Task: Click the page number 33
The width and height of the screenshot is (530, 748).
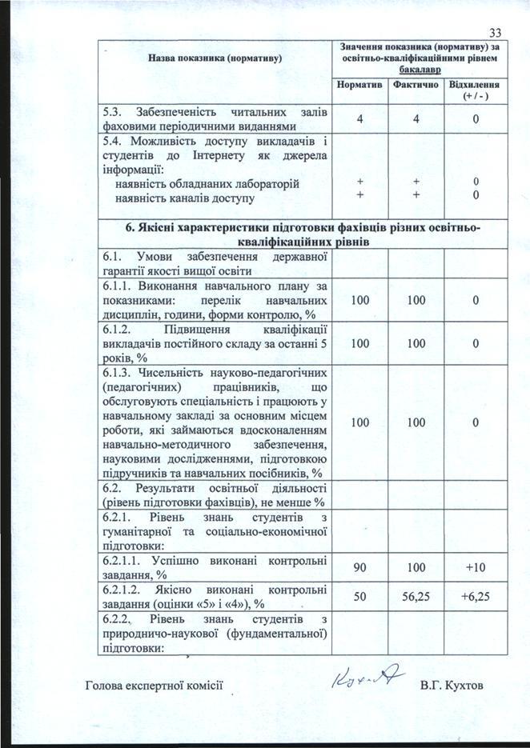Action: click(x=493, y=32)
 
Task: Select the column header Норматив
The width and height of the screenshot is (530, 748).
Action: click(x=359, y=84)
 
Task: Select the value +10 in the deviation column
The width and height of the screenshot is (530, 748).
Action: click(x=476, y=567)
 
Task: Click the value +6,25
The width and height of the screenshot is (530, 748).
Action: click(x=476, y=596)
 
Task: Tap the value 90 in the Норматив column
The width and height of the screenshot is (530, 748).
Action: click(x=359, y=567)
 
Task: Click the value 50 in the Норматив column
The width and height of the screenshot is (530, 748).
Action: click(x=359, y=596)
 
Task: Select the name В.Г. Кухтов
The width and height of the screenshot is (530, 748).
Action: click(x=452, y=686)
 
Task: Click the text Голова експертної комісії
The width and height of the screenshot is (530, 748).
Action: click(x=152, y=686)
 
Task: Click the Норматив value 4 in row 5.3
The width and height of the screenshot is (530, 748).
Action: click(x=359, y=119)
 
